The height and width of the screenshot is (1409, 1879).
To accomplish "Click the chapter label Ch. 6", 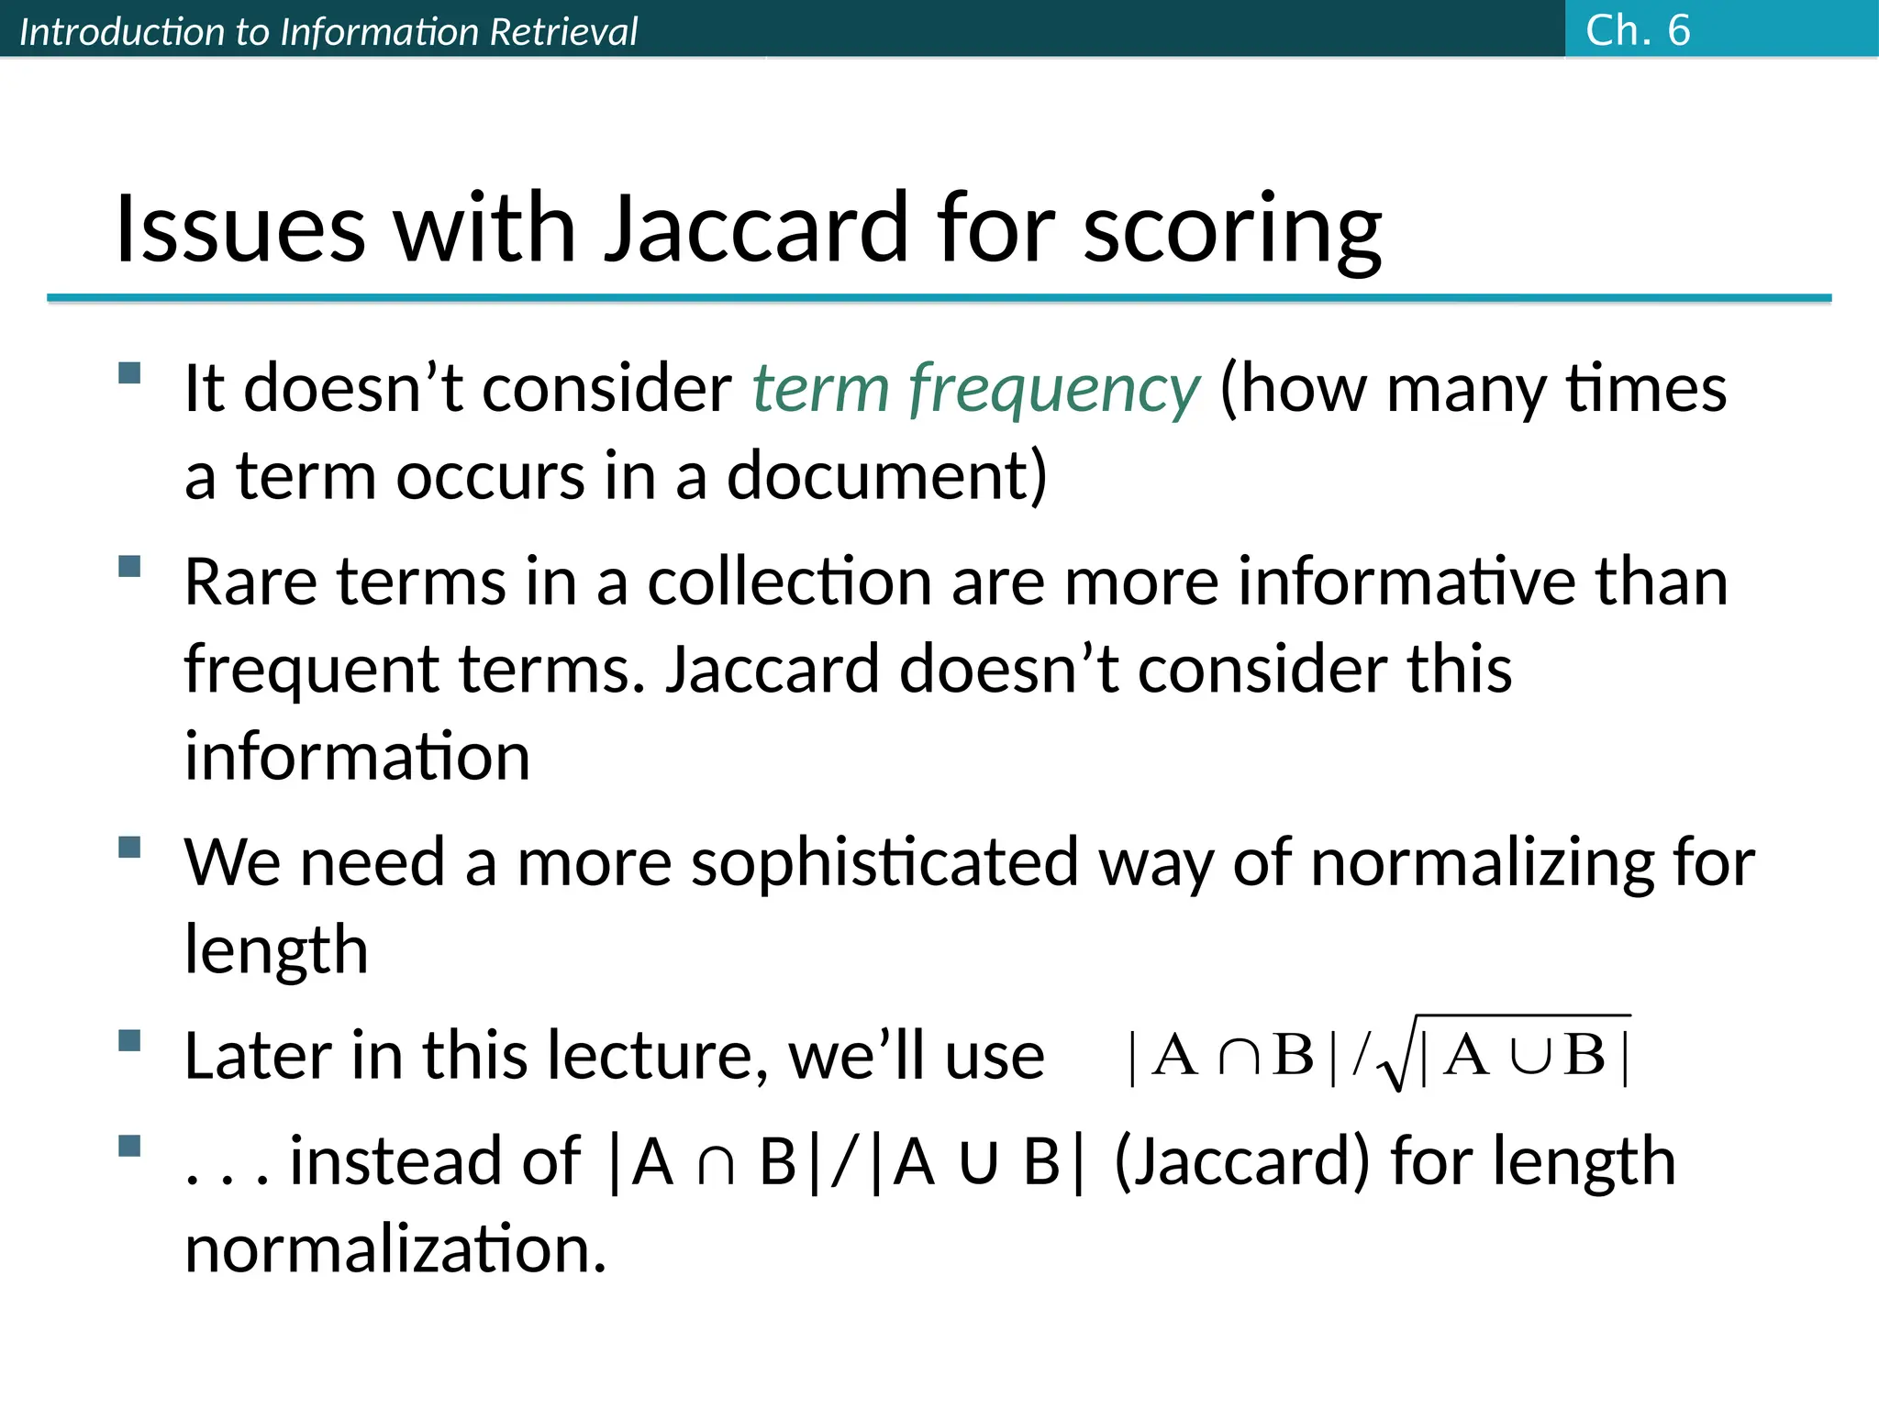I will [x=1637, y=30].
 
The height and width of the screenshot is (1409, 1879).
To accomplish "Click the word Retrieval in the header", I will [x=562, y=32].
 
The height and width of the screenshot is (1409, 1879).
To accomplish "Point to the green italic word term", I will [x=820, y=388].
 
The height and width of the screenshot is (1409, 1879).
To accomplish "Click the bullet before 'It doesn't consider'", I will [x=129, y=373].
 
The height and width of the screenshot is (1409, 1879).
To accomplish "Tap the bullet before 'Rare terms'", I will [x=129, y=566].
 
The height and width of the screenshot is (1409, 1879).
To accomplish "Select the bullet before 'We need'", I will [x=129, y=847].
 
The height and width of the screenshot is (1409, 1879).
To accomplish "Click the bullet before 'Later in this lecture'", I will [x=129, y=1040].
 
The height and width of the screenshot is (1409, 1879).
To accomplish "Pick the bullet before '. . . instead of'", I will [x=129, y=1146].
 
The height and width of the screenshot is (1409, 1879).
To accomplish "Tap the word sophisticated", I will [x=884, y=864].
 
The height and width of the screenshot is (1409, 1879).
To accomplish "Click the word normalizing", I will [x=1481, y=863].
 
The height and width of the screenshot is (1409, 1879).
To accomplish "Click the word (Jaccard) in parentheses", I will [x=1241, y=1162].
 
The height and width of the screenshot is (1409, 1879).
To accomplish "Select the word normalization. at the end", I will [x=395, y=1249].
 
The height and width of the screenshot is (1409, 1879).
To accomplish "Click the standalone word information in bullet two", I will [x=357, y=758].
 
